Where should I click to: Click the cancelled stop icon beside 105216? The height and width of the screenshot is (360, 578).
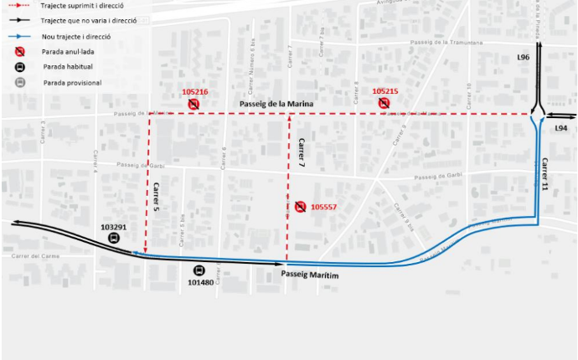point(194,104)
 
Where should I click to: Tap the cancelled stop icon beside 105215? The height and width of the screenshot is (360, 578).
point(384,103)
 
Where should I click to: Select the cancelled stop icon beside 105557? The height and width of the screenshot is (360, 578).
point(300,207)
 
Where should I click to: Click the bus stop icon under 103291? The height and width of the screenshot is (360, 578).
point(113,238)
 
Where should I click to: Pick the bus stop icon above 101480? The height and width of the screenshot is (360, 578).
point(199,270)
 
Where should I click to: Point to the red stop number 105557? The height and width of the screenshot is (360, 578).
point(324,207)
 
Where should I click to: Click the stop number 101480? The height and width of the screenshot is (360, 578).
point(200,282)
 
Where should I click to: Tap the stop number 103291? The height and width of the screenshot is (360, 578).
point(113,227)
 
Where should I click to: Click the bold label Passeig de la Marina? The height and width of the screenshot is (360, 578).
point(276,104)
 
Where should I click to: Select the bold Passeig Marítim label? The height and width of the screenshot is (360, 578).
point(310,274)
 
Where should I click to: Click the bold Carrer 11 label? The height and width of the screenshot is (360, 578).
point(544,174)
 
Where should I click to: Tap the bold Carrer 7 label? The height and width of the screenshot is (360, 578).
point(300,155)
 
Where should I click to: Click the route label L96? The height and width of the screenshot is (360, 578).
point(524,58)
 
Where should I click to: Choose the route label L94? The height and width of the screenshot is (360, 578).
point(560,128)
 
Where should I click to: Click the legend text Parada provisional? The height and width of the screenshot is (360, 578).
point(73,83)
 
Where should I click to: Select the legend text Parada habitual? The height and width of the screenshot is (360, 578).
point(68,66)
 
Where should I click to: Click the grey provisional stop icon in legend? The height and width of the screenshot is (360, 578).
point(19,82)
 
